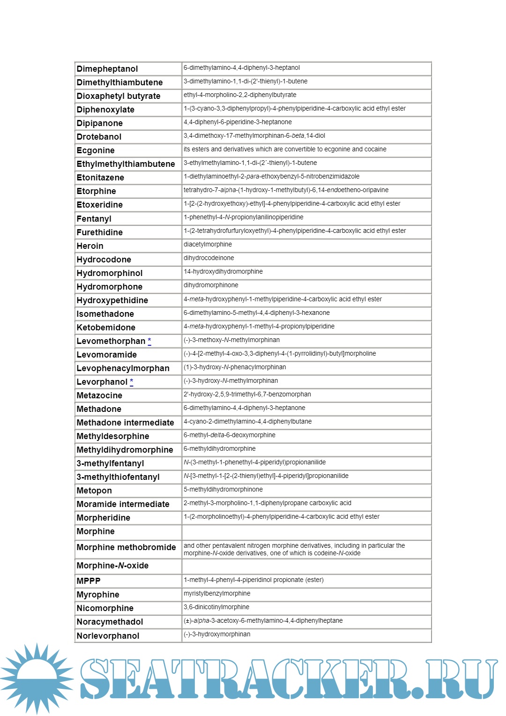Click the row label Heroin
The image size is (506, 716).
tap(90, 246)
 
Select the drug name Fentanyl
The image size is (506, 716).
tap(94, 219)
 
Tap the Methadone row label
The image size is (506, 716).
tap(99, 409)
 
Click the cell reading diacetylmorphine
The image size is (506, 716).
tap(208, 245)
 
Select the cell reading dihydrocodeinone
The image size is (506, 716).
tap(208, 258)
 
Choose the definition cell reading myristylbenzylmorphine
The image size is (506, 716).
tap(217, 594)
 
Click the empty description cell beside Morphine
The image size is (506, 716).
tap(306, 532)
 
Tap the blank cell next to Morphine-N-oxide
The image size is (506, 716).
tap(306, 566)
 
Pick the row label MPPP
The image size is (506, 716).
tap(89, 581)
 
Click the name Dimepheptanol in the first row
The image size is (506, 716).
tap(107, 69)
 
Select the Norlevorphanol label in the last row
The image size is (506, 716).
tap(108, 636)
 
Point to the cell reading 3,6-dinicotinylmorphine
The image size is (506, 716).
tap(216, 607)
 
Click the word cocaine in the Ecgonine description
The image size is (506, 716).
tap(376, 149)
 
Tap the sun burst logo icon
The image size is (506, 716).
tap(37, 678)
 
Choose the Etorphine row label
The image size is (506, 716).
tap(96, 191)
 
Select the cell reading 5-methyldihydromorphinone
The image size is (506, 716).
tap(223, 490)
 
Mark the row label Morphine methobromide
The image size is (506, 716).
tap(126, 547)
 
